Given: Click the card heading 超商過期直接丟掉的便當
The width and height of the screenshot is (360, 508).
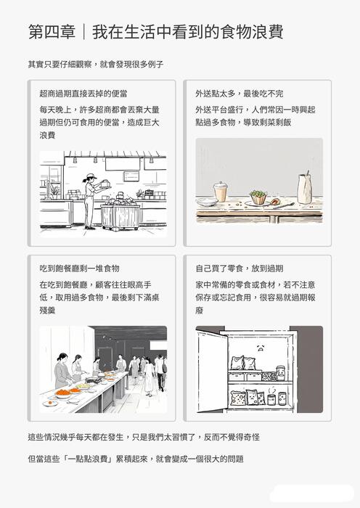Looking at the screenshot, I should [83, 94].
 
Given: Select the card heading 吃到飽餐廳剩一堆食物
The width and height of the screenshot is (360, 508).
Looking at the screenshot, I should [80, 269].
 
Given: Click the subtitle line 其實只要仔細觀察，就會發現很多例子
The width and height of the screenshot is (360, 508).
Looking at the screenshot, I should [95, 65].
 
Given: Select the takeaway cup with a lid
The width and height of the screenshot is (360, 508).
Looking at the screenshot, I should [220, 192].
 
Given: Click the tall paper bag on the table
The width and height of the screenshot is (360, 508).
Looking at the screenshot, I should [305, 189].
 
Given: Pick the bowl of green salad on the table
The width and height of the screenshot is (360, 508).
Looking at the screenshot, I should [258, 197].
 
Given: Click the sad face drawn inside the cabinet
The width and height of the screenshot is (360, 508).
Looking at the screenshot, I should [260, 348].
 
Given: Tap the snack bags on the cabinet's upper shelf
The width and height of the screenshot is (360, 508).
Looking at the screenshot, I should [244, 364].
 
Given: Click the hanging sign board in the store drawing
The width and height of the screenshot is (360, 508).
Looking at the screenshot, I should [131, 176].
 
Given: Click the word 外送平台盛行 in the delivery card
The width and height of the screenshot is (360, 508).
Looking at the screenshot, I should [221, 110].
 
